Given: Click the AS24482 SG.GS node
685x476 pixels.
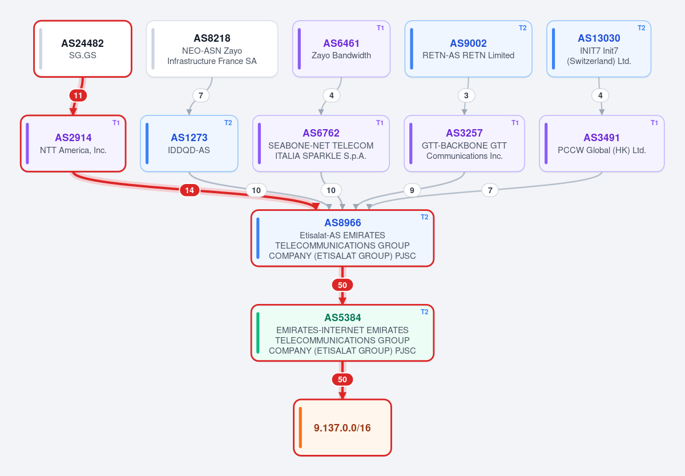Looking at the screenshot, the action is (x=83, y=49).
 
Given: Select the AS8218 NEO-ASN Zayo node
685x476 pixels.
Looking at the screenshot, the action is (x=212, y=49).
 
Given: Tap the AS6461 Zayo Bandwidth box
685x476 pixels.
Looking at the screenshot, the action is (x=341, y=49).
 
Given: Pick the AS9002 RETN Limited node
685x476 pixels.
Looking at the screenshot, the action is (x=468, y=49).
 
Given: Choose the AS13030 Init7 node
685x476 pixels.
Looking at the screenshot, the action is (x=599, y=49).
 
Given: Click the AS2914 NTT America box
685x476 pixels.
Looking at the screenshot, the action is (x=73, y=143).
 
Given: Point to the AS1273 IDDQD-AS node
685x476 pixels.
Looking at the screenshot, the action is (x=189, y=143).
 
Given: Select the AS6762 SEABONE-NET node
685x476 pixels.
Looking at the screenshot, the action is (x=321, y=143).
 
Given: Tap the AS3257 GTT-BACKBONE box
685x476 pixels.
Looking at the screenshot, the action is (x=464, y=143).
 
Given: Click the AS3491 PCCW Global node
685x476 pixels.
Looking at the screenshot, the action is (x=602, y=143).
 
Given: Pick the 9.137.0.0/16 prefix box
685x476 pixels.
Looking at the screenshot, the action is (x=342, y=427).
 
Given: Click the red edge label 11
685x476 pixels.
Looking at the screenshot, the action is (x=78, y=95).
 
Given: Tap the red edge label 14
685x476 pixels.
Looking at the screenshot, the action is (x=190, y=190).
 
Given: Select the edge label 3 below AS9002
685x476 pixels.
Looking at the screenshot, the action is (x=466, y=95).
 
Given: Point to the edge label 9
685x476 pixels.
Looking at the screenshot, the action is (x=412, y=190).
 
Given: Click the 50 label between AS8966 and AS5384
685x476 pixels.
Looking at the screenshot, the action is (x=342, y=285).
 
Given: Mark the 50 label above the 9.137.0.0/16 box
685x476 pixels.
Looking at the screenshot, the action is (x=342, y=379).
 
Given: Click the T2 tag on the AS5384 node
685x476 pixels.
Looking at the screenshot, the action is (x=425, y=312).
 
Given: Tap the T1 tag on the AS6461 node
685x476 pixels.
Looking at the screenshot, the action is (x=380, y=28).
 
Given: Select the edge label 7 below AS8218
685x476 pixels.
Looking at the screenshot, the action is (x=201, y=95).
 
